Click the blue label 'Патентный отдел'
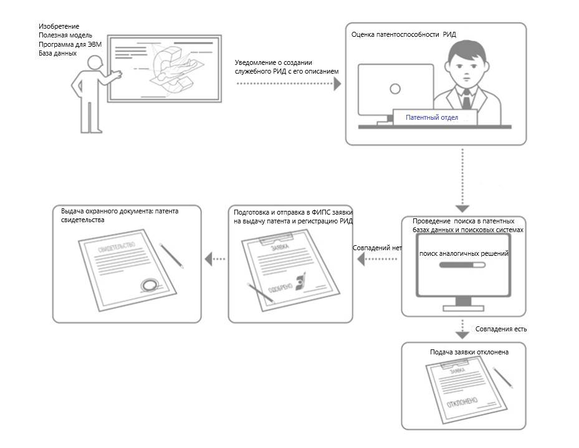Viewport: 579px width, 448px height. [x=432, y=117]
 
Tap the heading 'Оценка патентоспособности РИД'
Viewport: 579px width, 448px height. [x=404, y=34]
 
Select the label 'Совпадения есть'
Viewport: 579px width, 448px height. [x=501, y=328]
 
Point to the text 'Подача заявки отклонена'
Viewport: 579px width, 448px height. [x=469, y=352]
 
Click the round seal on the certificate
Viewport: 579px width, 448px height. [x=149, y=285]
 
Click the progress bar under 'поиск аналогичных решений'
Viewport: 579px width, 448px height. [x=462, y=265]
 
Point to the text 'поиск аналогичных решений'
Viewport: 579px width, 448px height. [x=464, y=254]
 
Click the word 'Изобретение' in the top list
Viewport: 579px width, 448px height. [x=59, y=26]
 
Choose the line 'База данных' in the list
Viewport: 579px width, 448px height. [x=57, y=53]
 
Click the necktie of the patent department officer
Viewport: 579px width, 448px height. [x=465, y=98]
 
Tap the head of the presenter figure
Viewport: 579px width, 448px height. [x=95, y=62]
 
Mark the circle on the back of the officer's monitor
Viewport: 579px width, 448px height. [x=395, y=89]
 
